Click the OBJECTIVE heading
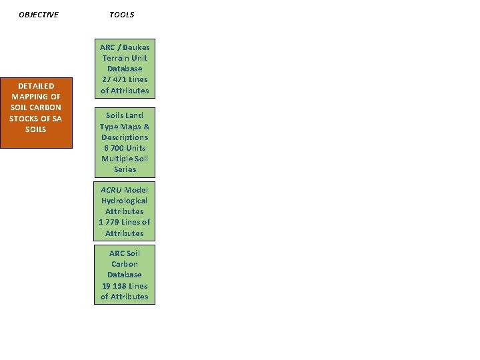pos(38,15)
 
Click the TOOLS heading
pos(121,15)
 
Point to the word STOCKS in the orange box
pos(24,119)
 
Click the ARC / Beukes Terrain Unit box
pos(125,69)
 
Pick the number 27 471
pos(113,79)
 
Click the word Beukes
pos(136,47)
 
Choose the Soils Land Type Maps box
pos(125,142)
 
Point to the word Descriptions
pos(125,137)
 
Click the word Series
pos(125,169)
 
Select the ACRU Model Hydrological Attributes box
pos(125,211)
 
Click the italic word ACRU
pos(111,190)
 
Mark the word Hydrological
pos(125,201)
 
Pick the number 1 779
pos(110,222)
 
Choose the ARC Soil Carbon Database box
pos(125,275)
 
